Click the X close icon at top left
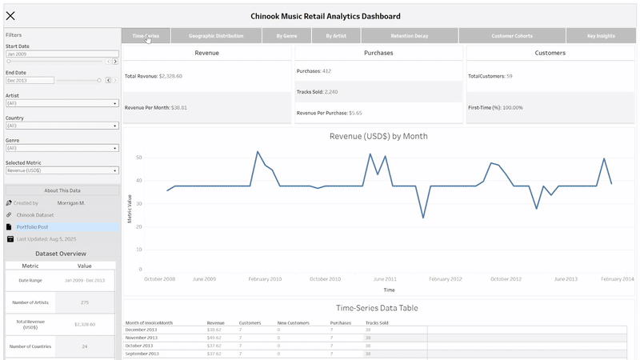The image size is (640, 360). (x=10, y=16)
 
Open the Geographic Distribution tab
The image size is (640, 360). (x=216, y=36)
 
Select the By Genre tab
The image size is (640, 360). (x=286, y=36)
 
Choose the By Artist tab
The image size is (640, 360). (x=336, y=36)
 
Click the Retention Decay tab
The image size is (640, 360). (x=410, y=36)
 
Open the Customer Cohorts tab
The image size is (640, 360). (x=512, y=36)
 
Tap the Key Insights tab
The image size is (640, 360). (x=602, y=36)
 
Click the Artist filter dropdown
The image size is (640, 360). (x=62, y=103)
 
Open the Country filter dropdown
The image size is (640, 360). (x=62, y=126)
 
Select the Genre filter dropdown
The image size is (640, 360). (x=62, y=148)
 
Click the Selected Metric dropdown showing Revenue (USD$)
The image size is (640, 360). (x=62, y=170)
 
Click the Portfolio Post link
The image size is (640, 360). (x=33, y=227)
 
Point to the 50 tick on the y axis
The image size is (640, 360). (x=138, y=158)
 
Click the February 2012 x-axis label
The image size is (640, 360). (x=446, y=279)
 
